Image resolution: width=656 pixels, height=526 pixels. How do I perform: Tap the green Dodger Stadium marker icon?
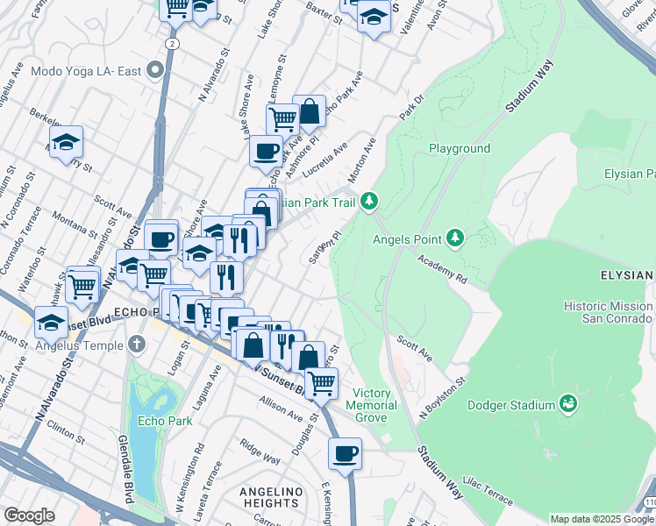(x=568, y=404)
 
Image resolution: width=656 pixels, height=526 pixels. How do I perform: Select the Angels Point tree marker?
(x=455, y=238)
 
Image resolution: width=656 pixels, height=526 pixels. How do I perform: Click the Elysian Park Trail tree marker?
(x=370, y=202)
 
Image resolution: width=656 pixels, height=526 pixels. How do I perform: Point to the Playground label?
(x=460, y=148)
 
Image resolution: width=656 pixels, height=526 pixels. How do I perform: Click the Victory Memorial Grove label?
(x=371, y=405)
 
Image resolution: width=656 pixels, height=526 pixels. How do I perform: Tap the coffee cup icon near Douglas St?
(x=346, y=454)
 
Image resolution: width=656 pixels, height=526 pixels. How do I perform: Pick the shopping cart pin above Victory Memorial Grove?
(x=322, y=382)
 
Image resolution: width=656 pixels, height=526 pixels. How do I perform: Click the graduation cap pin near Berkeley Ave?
(x=66, y=143)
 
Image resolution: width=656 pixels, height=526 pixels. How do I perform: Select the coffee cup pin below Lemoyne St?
(x=266, y=151)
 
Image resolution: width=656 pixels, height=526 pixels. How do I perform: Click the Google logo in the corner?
(x=29, y=515)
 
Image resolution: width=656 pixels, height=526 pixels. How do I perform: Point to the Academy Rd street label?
(x=442, y=267)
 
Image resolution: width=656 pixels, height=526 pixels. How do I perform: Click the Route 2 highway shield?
(x=172, y=42)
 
